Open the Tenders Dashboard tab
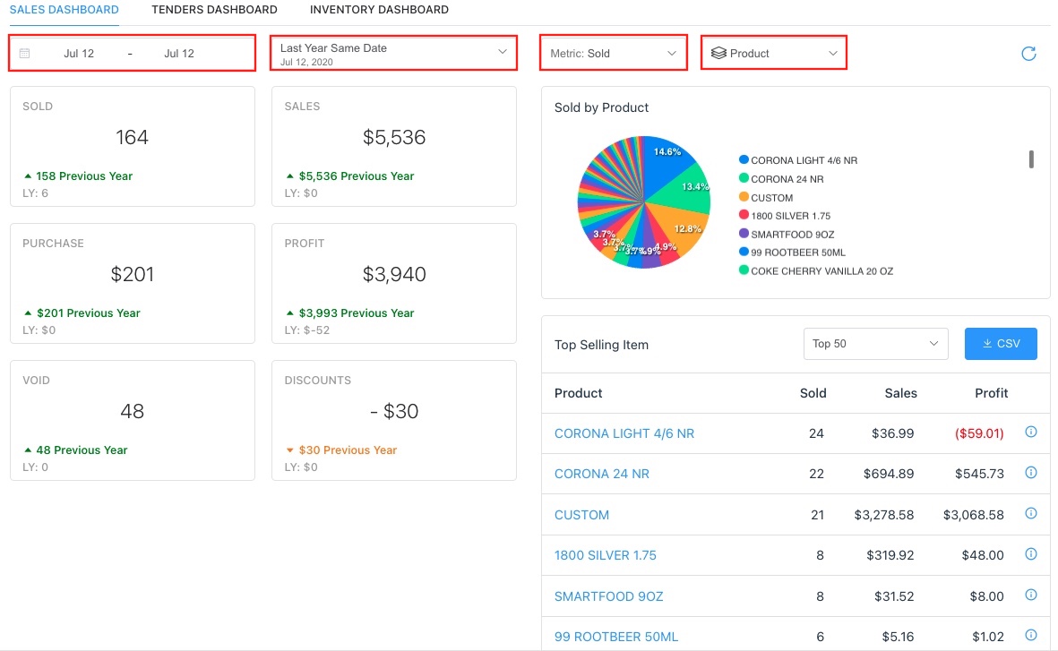coord(214,10)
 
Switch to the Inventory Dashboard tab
coord(379,10)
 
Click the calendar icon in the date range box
coord(25,54)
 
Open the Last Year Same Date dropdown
coord(393,53)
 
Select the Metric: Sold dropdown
coord(613,54)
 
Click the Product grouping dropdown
coord(774,54)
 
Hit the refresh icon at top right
coord(1028,54)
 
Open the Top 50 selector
coord(875,344)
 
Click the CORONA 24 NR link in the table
coord(602,474)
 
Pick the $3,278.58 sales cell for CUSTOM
coord(884,515)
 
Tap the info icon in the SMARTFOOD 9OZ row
coord(1030,595)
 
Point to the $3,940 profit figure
coord(394,274)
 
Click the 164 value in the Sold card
coord(132,137)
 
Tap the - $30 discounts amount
coord(394,411)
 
